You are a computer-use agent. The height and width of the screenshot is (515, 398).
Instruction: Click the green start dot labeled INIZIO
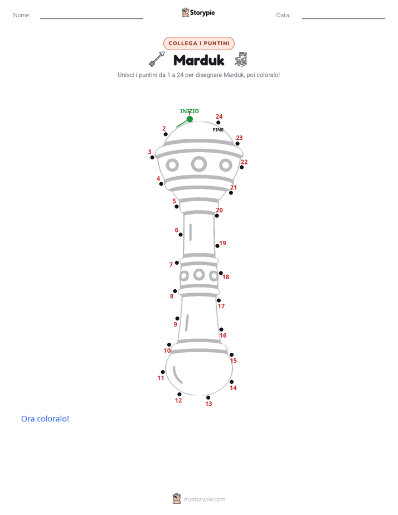[x=190, y=119]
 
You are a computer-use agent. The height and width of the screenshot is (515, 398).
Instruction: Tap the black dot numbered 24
[x=219, y=123]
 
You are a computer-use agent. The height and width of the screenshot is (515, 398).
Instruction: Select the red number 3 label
[x=149, y=152]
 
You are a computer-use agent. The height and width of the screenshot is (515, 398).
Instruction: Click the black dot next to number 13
[x=208, y=397]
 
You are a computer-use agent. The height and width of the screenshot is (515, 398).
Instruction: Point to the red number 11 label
[x=161, y=378]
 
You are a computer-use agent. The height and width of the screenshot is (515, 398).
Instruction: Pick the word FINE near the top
[x=218, y=130]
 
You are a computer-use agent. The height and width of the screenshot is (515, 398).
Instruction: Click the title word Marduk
[x=198, y=60]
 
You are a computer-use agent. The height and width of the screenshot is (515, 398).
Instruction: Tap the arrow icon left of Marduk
[x=157, y=59]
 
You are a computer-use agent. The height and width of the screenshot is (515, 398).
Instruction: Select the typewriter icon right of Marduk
[x=241, y=59]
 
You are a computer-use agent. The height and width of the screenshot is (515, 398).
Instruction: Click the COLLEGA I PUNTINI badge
[x=199, y=43]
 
